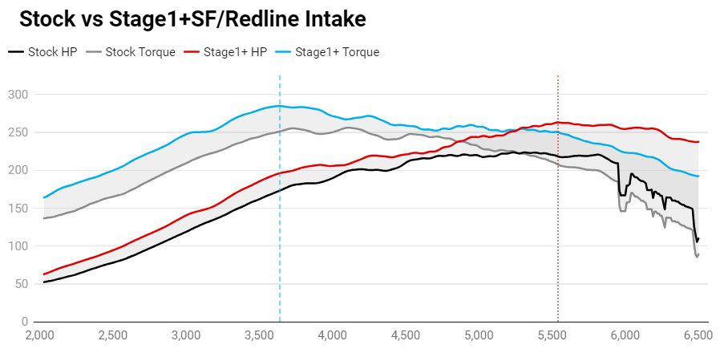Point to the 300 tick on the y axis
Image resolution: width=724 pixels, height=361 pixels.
(x=18, y=95)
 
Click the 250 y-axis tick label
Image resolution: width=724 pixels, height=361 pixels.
(x=18, y=132)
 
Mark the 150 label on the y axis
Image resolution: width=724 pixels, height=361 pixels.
(x=18, y=209)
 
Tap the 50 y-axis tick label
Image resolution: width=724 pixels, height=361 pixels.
(x=21, y=284)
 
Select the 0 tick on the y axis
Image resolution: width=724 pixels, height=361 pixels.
(x=24, y=322)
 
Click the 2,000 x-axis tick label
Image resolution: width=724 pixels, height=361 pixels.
(x=40, y=336)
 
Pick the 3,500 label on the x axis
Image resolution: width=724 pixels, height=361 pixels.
(x=260, y=336)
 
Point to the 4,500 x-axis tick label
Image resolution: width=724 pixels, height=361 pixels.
(x=406, y=336)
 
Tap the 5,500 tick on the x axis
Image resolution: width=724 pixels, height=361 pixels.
(x=552, y=336)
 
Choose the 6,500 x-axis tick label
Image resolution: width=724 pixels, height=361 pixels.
(x=697, y=336)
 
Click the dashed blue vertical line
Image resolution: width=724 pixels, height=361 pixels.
(x=280, y=241)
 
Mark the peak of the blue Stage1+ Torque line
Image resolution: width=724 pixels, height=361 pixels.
(x=277, y=106)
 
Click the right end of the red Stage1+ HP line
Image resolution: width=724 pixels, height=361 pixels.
(x=698, y=142)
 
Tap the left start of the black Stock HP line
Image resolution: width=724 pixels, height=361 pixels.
(x=44, y=282)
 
